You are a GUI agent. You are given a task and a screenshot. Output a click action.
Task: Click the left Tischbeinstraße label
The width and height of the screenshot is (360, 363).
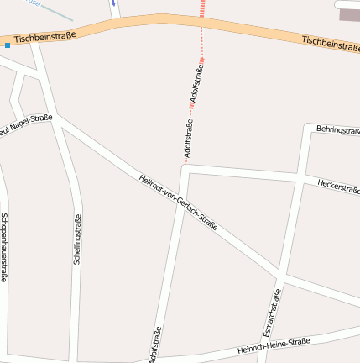[x=44, y=37]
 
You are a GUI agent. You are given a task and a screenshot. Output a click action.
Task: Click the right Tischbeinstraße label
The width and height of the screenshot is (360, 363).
[x=331, y=43]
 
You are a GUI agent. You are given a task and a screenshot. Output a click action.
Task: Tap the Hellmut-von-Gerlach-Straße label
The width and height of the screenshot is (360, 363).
[x=179, y=202]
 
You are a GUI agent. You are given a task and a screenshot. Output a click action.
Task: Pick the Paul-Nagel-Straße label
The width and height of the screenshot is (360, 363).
[x=25, y=125]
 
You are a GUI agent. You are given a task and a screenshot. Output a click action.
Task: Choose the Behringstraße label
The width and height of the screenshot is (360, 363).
[x=337, y=130]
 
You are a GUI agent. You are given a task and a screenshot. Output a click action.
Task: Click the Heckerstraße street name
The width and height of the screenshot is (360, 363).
[x=338, y=186]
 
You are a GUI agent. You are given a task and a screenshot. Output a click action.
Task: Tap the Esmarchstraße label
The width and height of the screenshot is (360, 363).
[x=272, y=308]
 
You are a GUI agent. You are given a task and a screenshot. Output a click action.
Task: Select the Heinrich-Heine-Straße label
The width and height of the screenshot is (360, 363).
[x=274, y=345]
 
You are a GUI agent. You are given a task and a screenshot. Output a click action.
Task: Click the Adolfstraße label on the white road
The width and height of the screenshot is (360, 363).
[x=154, y=345]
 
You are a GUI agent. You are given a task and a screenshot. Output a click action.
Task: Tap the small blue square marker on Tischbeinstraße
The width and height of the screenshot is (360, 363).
[x=8, y=45]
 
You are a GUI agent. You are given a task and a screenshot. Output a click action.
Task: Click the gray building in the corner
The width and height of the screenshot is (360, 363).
[x=348, y=14]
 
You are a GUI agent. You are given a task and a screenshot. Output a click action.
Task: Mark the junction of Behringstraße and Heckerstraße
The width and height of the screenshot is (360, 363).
[x=300, y=177]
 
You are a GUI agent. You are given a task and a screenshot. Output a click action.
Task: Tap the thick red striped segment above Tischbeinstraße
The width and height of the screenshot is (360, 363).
[x=202, y=8]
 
